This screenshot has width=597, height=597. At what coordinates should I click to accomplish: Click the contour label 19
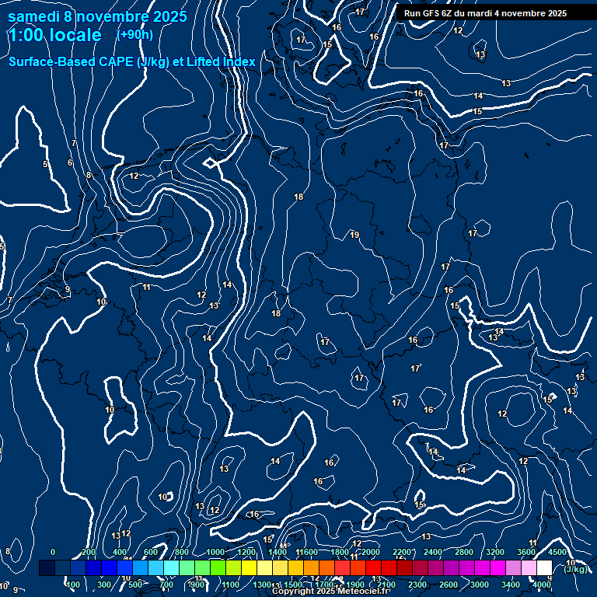click(x=354, y=235)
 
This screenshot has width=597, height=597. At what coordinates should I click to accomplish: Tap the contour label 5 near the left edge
click(x=45, y=164)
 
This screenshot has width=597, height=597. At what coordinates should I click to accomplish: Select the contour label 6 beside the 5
click(x=70, y=162)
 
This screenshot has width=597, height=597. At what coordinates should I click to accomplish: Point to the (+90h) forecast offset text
click(x=134, y=34)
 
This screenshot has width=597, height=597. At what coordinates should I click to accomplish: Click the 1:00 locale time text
click(x=54, y=35)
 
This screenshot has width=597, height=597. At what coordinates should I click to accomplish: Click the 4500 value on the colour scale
click(x=557, y=552)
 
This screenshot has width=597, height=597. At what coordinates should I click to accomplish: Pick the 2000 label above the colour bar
click(x=370, y=552)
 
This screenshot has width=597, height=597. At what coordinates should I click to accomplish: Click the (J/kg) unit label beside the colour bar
click(x=575, y=569)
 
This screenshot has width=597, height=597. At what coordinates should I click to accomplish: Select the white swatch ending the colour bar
click(x=543, y=568)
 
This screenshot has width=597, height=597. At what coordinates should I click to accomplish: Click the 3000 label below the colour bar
click(x=480, y=585)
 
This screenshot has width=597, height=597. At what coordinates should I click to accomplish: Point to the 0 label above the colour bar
click(x=52, y=552)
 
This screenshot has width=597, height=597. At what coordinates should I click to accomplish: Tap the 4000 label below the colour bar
click(x=542, y=585)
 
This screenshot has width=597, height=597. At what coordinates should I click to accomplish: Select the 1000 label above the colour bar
click(x=215, y=552)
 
